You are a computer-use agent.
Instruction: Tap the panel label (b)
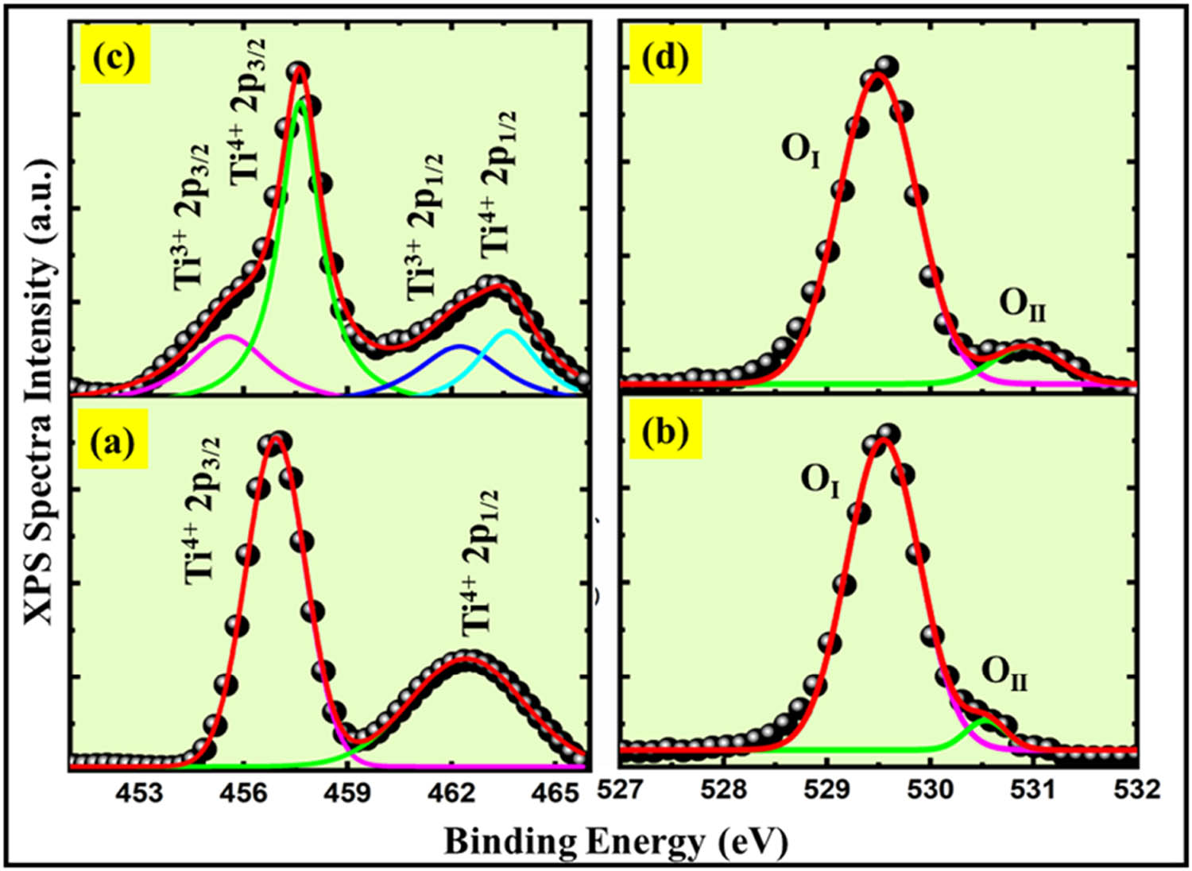pos(665,436)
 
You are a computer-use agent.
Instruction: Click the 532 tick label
pos(1137,792)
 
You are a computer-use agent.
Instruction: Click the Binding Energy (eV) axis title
pos(616,841)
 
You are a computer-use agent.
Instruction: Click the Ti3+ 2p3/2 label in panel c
pos(193,215)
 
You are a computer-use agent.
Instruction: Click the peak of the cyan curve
pos(508,330)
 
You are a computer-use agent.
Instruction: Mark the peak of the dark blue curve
pos(460,346)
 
